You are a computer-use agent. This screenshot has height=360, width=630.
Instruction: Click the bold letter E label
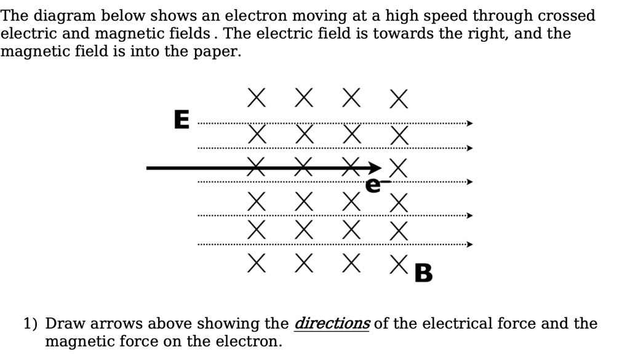[181, 119]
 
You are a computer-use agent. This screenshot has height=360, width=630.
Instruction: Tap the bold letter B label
[424, 272]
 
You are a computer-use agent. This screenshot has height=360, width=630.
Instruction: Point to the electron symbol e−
[373, 184]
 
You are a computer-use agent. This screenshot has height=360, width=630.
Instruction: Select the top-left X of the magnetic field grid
[258, 98]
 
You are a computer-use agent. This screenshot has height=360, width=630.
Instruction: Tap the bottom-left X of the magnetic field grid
[258, 263]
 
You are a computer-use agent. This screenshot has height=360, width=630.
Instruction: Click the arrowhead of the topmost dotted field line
[469, 124]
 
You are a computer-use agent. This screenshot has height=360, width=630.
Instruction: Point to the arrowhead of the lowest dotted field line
[469, 244]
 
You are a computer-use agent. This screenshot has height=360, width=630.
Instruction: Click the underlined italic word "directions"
[332, 324]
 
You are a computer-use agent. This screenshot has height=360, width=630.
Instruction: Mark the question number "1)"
[31, 324]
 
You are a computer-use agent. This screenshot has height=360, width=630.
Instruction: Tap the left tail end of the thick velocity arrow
[148, 167]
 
